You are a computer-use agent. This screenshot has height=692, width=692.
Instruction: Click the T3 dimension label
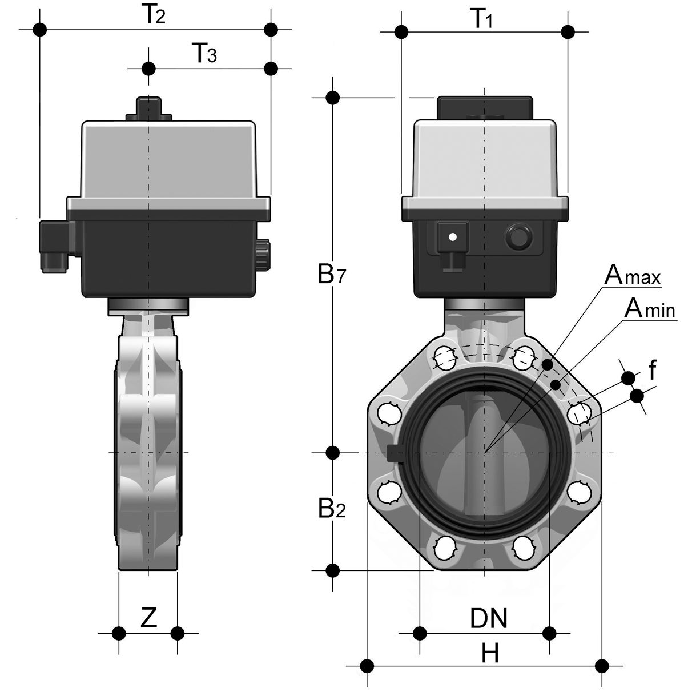(x=204, y=55)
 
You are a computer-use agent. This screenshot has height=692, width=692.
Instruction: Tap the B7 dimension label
(x=333, y=275)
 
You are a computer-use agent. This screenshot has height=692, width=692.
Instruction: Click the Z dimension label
(x=148, y=618)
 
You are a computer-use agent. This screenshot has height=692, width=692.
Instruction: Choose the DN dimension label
(x=488, y=618)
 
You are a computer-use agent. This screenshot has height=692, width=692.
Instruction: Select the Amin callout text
(x=650, y=309)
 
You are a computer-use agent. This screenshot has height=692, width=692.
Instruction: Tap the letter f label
(x=652, y=372)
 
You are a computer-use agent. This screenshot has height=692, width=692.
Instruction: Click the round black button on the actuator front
(x=518, y=236)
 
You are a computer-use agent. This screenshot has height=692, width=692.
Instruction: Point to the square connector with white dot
(x=452, y=236)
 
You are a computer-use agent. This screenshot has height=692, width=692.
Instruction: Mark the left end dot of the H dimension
(x=368, y=666)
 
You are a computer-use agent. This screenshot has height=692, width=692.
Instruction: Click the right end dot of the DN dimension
(x=549, y=633)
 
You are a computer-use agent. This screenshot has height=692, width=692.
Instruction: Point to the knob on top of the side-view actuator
(x=148, y=108)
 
